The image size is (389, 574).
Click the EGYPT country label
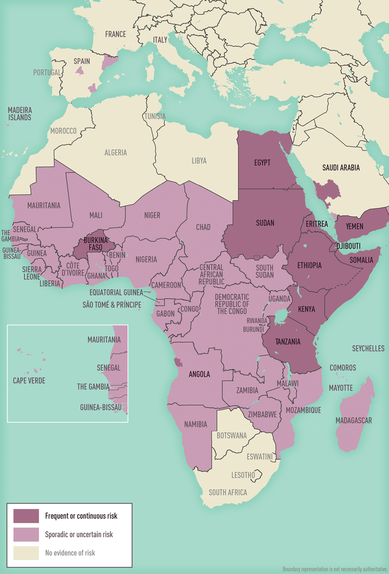pyautogui.click(x=262, y=162)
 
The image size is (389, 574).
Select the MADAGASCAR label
pyautogui.click(x=354, y=420)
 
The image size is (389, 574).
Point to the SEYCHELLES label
pyautogui.click(x=368, y=348)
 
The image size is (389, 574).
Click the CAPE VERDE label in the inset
pyautogui.click(x=29, y=381)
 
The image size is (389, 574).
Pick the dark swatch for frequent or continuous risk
pyautogui.click(x=26, y=516)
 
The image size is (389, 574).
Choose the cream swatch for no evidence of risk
pyautogui.click(x=26, y=553)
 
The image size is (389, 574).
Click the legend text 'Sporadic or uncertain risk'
pyautogui.click(x=79, y=535)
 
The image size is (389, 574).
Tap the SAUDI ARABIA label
pyautogui.click(x=341, y=168)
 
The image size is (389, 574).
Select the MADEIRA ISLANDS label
pyautogui.click(x=19, y=113)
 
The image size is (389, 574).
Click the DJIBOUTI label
pyautogui.click(x=348, y=246)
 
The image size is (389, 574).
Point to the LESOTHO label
pyautogui.click(x=243, y=474)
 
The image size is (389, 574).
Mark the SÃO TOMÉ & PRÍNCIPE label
pyautogui.click(x=111, y=305)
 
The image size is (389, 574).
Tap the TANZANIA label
pyautogui.click(x=288, y=341)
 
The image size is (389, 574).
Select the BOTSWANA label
pyautogui.click(x=232, y=435)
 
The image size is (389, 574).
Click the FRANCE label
pyautogui.click(x=115, y=34)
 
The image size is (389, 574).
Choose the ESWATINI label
pyautogui.click(x=260, y=457)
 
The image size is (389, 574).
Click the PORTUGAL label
pyautogui.click(x=47, y=72)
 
